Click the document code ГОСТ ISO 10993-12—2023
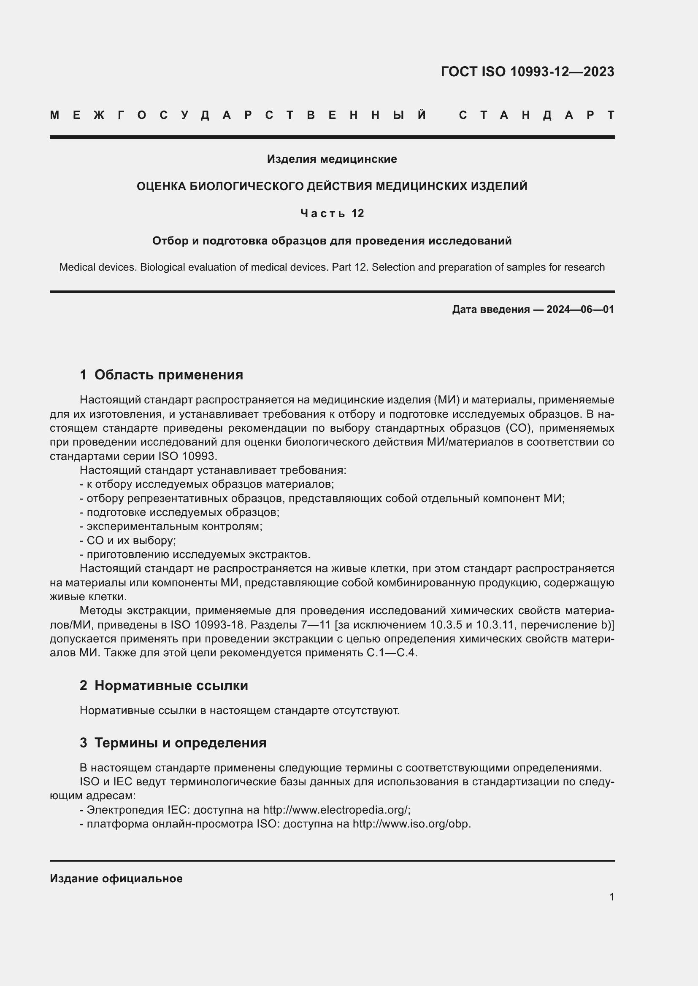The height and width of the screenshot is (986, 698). (528, 72)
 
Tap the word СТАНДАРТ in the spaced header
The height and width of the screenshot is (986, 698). (536, 115)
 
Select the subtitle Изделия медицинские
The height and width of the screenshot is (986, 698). (332, 159)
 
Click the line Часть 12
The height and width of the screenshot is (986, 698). (332, 213)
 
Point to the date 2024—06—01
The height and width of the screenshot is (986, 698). (580, 309)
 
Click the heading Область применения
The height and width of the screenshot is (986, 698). (168, 375)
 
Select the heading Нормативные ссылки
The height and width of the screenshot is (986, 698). (171, 685)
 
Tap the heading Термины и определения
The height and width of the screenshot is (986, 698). (180, 742)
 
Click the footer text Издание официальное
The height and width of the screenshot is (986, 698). (116, 879)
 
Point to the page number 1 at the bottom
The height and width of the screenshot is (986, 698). (611, 897)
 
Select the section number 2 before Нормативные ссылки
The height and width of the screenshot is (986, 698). (83, 685)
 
